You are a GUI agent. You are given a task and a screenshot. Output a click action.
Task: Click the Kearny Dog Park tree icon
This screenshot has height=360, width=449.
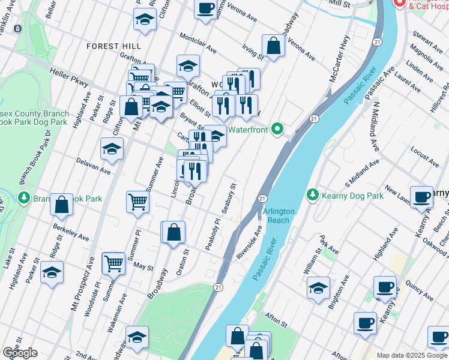click(312, 195)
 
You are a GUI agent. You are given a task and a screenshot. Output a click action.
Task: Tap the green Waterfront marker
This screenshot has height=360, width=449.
click(277, 128)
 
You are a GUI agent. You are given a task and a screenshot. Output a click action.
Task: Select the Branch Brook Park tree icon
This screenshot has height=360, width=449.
click(24, 197)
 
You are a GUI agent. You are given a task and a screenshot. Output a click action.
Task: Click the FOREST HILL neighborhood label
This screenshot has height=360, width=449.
click(113, 46)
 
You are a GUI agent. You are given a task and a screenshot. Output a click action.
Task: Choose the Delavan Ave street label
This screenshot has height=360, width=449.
click(94, 166)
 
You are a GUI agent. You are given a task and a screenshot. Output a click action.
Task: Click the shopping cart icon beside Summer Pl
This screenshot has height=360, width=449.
click(137, 202)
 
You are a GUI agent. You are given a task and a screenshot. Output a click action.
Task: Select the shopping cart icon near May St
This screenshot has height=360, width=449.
click(113, 263)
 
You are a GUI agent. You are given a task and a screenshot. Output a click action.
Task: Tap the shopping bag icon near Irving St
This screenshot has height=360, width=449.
click(273, 46)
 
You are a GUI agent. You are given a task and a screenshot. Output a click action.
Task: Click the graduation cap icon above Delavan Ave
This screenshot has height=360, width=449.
click(112, 149)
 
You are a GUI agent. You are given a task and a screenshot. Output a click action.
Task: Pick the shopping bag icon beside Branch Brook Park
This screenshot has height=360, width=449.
click(61, 205)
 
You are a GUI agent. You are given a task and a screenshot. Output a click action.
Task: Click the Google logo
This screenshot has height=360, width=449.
click(20, 352)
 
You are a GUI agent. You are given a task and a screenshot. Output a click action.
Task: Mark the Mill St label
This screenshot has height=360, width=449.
click(340, 4)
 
